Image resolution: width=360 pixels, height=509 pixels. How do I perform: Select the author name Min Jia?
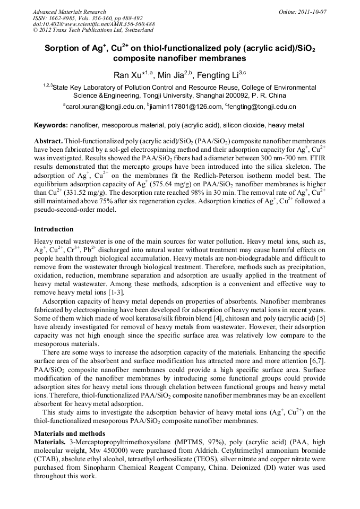(x=170, y=75)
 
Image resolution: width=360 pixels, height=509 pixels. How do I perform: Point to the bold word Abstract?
(x=48, y=142)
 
